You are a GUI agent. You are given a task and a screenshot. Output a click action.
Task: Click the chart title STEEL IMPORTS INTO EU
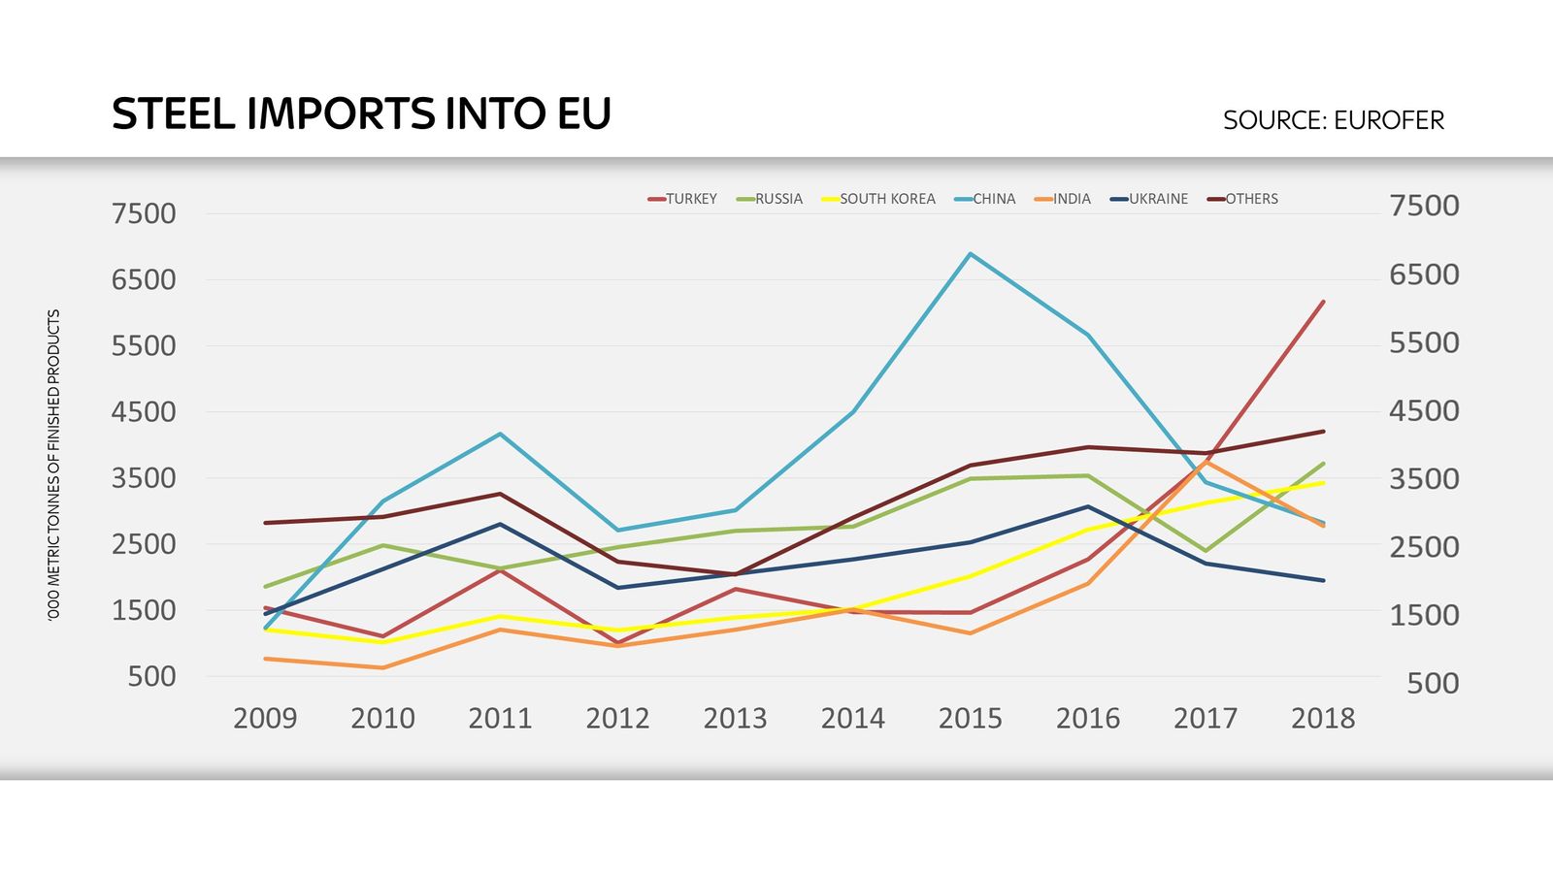click(x=361, y=114)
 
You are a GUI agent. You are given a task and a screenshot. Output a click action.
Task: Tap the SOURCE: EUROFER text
click(x=1333, y=120)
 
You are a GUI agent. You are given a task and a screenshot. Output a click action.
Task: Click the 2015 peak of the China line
click(x=971, y=254)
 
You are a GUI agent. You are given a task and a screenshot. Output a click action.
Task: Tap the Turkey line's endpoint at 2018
click(x=1323, y=302)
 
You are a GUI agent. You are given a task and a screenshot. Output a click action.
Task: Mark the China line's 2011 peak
click(x=500, y=434)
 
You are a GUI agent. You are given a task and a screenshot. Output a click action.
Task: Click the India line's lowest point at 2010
click(x=382, y=667)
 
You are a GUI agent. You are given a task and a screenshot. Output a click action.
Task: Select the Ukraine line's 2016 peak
click(x=1088, y=506)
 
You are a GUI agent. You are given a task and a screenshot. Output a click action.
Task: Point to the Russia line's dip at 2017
click(x=1206, y=551)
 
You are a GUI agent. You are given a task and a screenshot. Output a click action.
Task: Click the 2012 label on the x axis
click(x=617, y=719)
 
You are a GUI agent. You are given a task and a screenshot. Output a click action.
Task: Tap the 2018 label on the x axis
click(x=1323, y=719)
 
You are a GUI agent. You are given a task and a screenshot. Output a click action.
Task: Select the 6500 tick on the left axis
click(x=144, y=279)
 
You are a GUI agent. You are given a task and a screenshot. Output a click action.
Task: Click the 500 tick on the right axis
click(x=1433, y=683)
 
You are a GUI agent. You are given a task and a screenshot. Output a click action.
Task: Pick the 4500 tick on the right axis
click(x=1424, y=410)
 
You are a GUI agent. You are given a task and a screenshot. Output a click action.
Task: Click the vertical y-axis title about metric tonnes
click(x=53, y=466)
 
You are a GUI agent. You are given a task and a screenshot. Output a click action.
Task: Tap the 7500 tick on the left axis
click(x=144, y=213)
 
